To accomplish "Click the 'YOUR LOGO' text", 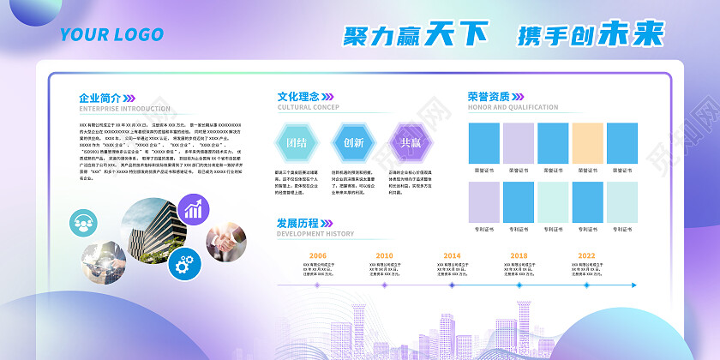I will click(111, 35).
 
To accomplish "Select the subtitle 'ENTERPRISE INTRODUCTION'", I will click(125, 109).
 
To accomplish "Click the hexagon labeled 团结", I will click(296, 142).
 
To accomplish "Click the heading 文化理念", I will click(300, 97).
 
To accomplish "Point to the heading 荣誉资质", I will click(489, 97).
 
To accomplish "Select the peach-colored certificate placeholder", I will click(587, 142).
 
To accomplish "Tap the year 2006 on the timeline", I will click(317, 255).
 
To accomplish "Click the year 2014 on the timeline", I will click(452, 255).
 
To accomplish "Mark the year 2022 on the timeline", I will click(586, 255).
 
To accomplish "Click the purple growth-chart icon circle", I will click(194, 208).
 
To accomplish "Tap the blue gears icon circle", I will click(184, 264).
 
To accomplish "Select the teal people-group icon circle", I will click(85, 224).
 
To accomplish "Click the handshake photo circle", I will click(225, 243).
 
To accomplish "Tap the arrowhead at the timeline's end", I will click(633, 285).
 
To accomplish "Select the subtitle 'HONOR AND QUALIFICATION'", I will click(513, 108).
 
